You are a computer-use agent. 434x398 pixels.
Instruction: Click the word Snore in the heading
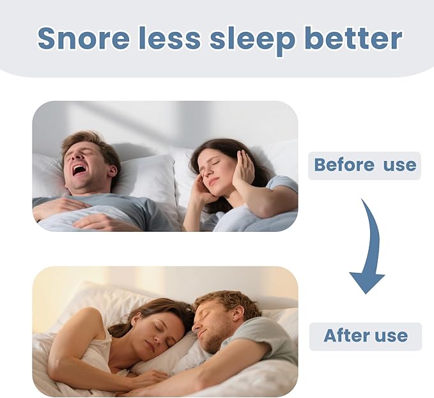click(x=84, y=38)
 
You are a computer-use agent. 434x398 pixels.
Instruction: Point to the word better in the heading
click(x=353, y=38)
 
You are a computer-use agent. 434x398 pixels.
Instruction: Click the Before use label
click(x=365, y=165)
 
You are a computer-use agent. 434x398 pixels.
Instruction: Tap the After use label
click(x=366, y=336)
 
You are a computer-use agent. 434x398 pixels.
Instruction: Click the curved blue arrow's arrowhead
click(x=367, y=280)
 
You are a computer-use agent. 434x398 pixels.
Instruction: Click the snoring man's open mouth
click(x=79, y=169)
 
